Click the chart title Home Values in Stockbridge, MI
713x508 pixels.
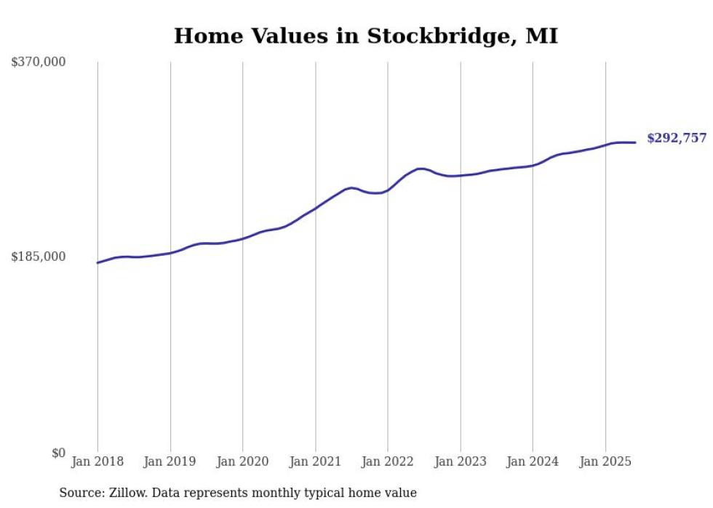pos(366,36)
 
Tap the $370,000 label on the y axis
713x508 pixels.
pos(39,63)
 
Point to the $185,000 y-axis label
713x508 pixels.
pos(39,257)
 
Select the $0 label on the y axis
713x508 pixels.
pos(58,453)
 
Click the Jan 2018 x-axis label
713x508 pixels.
pos(97,461)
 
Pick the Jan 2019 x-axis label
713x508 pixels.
pos(170,461)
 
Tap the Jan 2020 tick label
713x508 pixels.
pos(243,461)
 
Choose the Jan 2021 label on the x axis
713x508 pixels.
pos(315,461)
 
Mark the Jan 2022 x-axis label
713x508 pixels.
pos(388,461)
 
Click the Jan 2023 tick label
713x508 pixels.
pos(461,461)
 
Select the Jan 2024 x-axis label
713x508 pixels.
pos(533,461)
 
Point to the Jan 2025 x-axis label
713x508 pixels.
pos(605,461)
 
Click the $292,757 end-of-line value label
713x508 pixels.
pos(676,138)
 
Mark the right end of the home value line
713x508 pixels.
pos(636,142)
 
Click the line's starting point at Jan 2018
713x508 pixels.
pos(97,262)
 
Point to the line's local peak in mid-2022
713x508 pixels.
pos(421,169)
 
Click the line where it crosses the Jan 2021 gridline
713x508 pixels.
pos(315,209)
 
